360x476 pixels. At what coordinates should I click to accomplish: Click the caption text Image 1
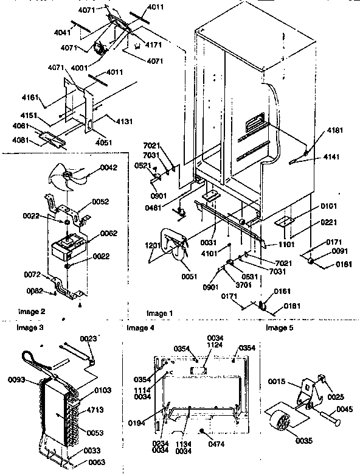[160, 313]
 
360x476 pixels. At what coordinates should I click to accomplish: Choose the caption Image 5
[279, 328]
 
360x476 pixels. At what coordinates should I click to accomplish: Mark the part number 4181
[334, 130]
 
